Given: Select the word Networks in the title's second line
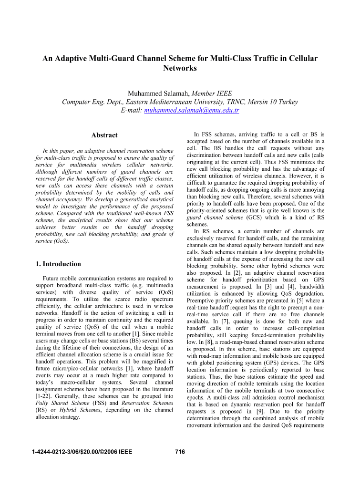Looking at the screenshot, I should (180, 68).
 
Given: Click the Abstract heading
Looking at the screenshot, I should (104, 135).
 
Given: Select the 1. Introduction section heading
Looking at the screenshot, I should (59, 264).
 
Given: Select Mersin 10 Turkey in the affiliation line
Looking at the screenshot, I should (271, 102).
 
